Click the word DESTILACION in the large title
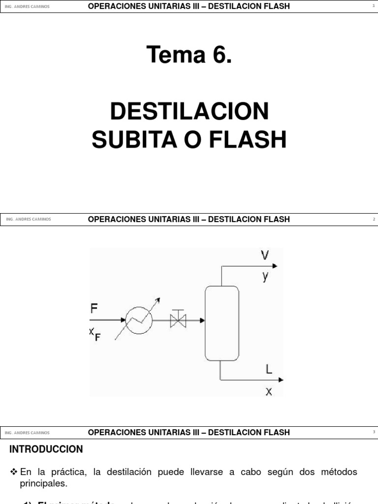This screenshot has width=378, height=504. [189, 112]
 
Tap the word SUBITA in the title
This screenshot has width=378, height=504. [126, 140]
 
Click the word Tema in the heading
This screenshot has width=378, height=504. [175, 55]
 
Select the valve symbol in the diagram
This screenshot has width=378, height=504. [177, 320]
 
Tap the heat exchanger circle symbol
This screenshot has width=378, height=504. [139, 321]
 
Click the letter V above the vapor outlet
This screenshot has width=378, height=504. [265, 255]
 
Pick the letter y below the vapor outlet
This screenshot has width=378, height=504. [265, 276]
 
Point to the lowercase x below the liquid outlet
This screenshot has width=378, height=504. [269, 392]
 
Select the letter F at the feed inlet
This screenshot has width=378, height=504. [94, 309]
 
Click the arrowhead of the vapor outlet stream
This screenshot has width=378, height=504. [275, 266]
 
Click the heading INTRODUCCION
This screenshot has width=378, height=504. [47, 449]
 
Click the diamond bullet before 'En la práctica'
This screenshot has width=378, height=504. [14, 472]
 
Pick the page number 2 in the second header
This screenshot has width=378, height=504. [374, 219]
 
